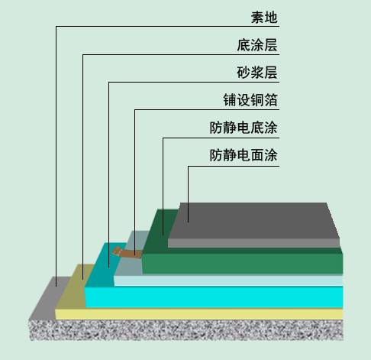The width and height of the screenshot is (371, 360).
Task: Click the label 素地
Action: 264,18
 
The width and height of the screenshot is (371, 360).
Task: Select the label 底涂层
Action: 257,45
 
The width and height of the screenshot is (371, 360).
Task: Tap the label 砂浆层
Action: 257,73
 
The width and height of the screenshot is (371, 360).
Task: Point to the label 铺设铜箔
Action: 250,100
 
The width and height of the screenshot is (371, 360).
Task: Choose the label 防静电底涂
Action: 244,128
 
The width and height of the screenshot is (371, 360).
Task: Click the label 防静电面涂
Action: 244,155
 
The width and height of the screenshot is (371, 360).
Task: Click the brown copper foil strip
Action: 127,252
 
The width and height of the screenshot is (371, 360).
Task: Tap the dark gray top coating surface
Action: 254,221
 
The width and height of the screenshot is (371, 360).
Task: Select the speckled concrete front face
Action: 186,330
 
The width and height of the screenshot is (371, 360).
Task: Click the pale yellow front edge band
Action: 199,314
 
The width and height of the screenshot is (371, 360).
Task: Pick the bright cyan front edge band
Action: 214,297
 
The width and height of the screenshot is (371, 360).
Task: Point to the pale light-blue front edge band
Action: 228,281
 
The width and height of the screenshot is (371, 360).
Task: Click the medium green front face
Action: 242,264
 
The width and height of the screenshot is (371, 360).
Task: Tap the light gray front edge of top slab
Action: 253,243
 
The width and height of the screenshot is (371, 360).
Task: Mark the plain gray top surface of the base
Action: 48,298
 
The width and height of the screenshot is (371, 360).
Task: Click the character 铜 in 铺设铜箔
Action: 257,100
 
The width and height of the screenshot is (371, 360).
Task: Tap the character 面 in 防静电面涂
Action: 257,155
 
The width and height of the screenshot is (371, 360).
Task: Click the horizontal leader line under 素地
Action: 167,26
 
